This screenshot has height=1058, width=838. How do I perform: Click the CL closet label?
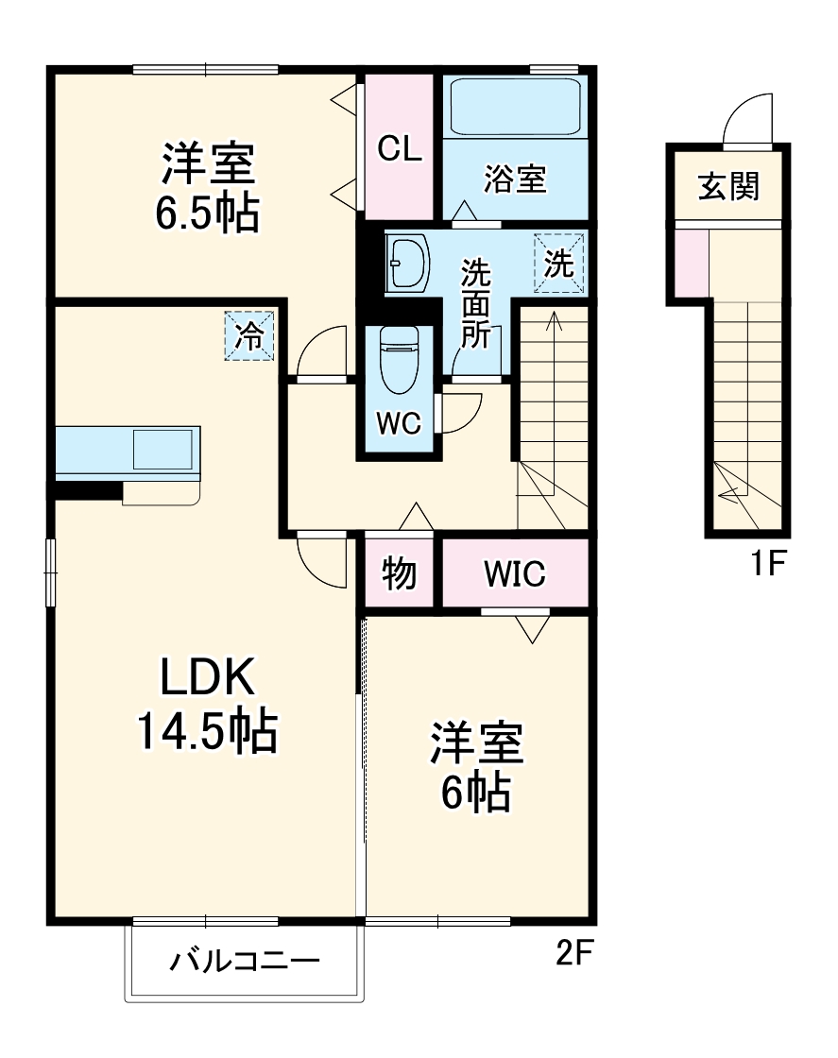tap(401, 148)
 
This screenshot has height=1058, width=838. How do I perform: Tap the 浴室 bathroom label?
tap(515, 179)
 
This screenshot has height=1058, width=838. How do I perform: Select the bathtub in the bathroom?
tap(515, 106)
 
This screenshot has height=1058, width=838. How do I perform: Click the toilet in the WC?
tap(398, 361)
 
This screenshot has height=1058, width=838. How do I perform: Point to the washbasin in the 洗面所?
tap(408, 264)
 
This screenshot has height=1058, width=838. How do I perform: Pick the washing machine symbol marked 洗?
tap(559, 264)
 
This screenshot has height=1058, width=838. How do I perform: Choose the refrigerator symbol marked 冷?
tap(249, 336)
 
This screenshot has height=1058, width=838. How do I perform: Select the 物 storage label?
tap(400, 573)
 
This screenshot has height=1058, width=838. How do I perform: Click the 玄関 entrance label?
tap(728, 186)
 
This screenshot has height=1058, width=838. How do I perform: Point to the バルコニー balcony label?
tap(245, 963)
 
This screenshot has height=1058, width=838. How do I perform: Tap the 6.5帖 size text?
tap(208, 214)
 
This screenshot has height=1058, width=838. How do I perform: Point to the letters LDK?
tap(207, 678)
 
